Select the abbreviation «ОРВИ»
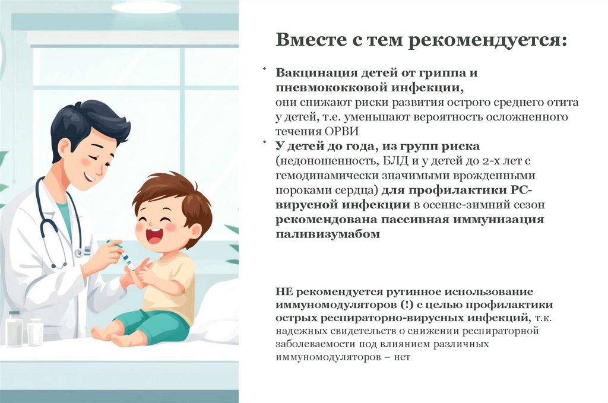pos(343,131)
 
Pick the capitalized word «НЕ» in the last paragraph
pos(284,292)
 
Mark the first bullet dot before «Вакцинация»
pos(265,70)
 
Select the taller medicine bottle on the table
pos(14,328)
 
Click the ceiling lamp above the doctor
pos(145,7)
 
